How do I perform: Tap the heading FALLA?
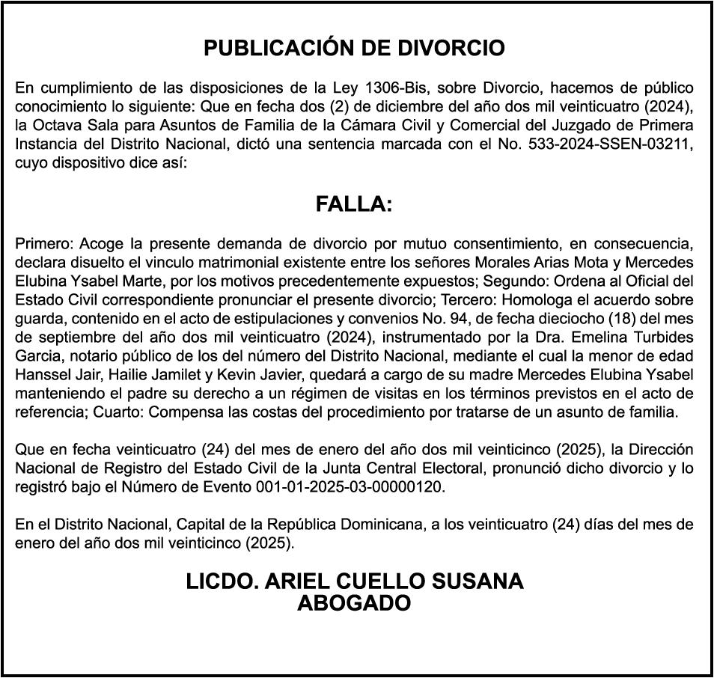[x=354, y=205]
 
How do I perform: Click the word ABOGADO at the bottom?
[x=354, y=603]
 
